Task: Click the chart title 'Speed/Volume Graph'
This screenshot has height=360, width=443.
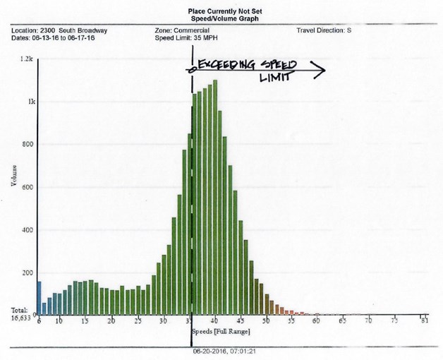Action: point(221,20)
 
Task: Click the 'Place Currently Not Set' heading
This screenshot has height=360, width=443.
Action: point(221,11)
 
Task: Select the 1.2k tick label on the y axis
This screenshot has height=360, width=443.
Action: point(27,60)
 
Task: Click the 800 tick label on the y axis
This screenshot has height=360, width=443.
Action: point(28,145)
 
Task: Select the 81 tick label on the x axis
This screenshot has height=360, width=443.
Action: point(423,321)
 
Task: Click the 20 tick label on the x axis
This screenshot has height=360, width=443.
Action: point(111,321)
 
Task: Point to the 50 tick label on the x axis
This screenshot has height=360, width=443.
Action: point(266,321)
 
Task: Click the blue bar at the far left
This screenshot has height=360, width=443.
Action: point(39,297)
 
